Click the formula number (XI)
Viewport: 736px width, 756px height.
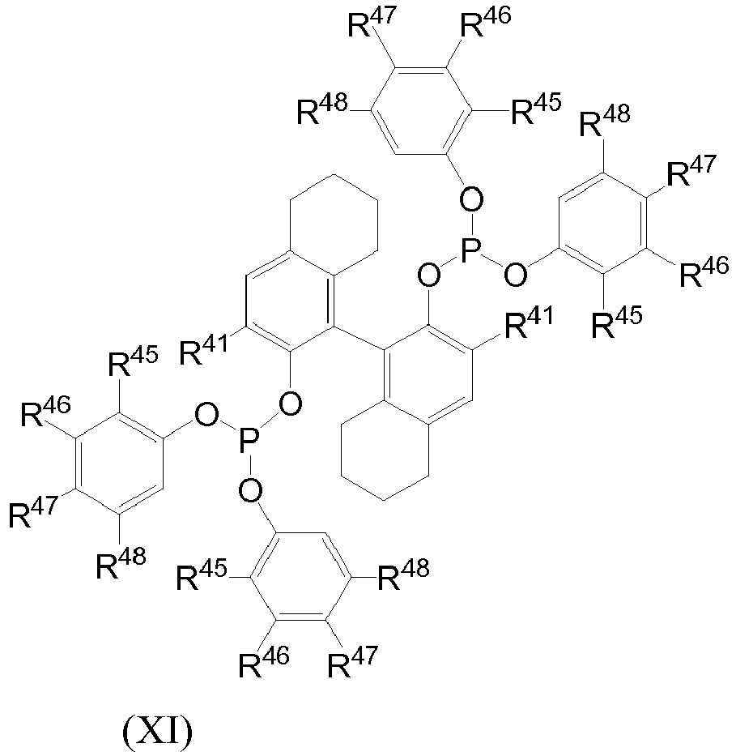pos(158,732)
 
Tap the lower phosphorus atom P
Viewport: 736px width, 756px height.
pos(249,441)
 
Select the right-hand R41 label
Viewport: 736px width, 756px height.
pos(529,321)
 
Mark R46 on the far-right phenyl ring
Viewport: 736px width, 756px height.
pos(704,271)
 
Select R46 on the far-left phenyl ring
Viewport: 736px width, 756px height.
pos(46,411)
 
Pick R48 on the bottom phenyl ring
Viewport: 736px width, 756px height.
pos(403,574)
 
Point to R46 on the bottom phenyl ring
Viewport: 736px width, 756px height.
pos(264,662)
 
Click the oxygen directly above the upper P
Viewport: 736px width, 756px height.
pos(471,199)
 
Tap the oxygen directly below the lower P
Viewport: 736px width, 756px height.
pos(250,491)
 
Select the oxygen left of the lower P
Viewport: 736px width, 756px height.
pos(206,416)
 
